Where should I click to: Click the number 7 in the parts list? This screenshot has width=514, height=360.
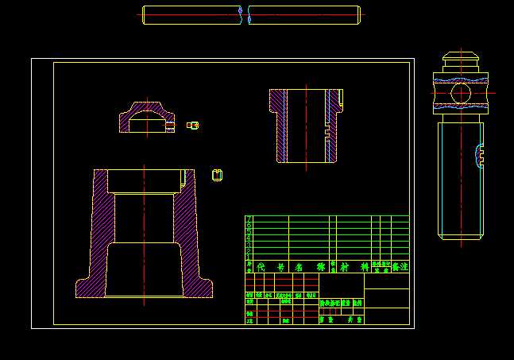[249, 219]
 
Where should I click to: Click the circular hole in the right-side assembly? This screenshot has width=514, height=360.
[460, 94]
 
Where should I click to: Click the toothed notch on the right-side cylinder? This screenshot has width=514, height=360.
[480, 156]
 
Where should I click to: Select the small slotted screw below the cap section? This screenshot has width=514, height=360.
[217, 175]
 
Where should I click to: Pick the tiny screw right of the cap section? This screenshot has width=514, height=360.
[192, 125]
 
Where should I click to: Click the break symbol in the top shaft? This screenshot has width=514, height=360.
[245, 15]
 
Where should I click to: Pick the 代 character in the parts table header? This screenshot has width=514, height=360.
[261, 268]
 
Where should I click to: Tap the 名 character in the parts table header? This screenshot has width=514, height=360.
[300, 268]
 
